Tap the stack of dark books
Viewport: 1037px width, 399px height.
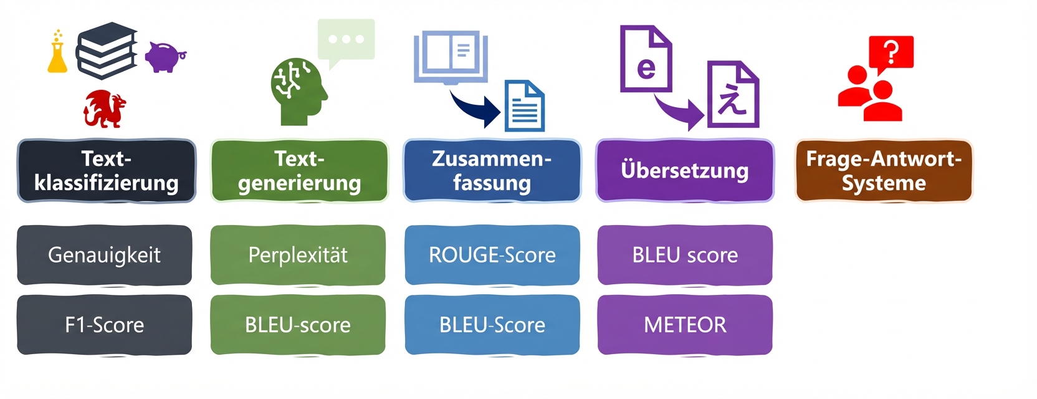click(x=107, y=51)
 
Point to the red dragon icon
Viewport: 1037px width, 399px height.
click(x=105, y=108)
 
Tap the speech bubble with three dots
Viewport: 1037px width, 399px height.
click(x=346, y=41)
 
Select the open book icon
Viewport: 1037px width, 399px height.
click(x=451, y=57)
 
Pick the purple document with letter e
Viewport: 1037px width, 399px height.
click(x=646, y=59)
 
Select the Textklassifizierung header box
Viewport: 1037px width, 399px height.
click(x=107, y=171)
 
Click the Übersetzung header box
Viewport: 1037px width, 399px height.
click(x=685, y=171)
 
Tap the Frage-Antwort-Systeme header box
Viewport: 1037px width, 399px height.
click(x=884, y=171)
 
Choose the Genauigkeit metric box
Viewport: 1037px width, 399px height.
click(x=105, y=255)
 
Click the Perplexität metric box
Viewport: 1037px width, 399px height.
click(x=298, y=255)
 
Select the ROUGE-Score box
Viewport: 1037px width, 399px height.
click(x=492, y=255)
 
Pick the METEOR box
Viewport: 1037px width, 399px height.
click(x=685, y=325)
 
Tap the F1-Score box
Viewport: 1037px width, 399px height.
click(x=105, y=325)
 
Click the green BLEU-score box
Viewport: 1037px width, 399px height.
click(x=298, y=325)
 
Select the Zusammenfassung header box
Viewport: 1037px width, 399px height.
click(x=492, y=171)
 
